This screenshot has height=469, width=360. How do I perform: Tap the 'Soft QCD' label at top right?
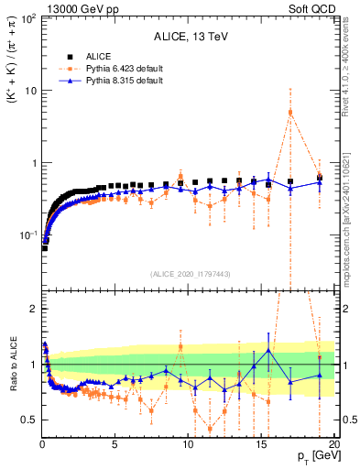[x=314, y=7]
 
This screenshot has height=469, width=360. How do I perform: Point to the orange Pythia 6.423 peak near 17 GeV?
[x=290, y=113]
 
